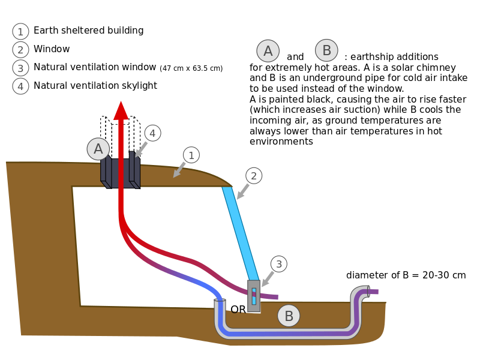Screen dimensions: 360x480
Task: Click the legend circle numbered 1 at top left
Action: click(20, 32)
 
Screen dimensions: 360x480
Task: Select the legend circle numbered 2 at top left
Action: click(20, 50)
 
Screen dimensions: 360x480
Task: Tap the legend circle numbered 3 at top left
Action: click(20, 68)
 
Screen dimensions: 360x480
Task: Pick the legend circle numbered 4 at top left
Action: click(20, 86)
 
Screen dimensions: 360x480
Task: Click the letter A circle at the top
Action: click(268, 51)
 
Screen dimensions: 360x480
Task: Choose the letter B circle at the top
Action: click(326, 50)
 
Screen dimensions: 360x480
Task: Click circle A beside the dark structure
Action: click(98, 149)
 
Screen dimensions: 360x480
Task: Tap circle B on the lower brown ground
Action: click(289, 316)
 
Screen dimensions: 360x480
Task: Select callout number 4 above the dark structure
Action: click(152, 133)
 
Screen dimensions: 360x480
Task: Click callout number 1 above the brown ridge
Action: click(191, 155)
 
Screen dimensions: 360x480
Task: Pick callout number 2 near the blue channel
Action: click(254, 176)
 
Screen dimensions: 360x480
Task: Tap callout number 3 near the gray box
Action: click(278, 264)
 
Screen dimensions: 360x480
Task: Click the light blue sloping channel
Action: click(241, 234)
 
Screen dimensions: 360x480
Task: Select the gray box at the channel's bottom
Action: click(254, 296)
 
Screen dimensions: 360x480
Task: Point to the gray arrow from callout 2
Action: click(242, 192)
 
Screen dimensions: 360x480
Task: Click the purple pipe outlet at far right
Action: click(373, 292)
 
